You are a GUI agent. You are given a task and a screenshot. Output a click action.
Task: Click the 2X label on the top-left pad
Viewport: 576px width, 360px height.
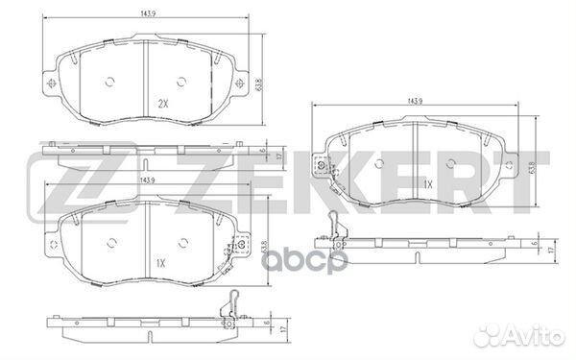pos(163,103)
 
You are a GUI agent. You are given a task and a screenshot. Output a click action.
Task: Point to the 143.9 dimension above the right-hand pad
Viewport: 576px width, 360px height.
pos(416,101)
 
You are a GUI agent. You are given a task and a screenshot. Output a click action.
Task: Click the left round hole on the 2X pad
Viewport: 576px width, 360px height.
pos(108,80)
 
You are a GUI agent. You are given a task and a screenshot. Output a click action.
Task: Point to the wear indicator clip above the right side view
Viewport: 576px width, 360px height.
pos(332,228)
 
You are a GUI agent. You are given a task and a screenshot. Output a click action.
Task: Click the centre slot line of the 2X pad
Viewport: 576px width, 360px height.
pos(144,79)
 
